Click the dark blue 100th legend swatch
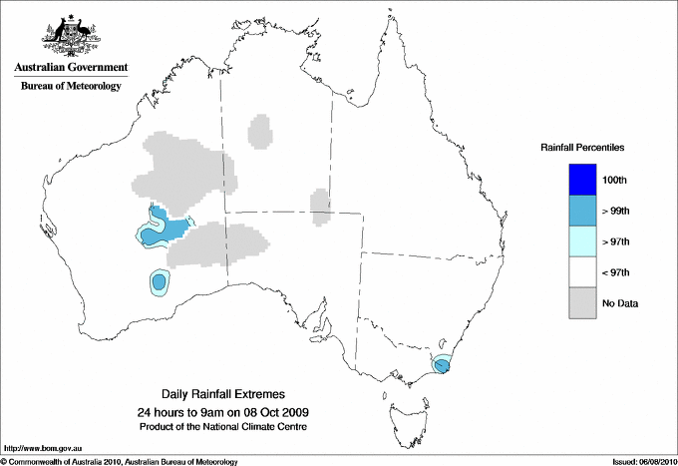582,180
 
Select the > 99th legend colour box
582,211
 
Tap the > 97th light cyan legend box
582,241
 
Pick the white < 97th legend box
582,272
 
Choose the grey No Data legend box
582,302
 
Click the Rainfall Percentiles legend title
582,147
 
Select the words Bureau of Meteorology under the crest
71,87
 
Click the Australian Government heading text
71,68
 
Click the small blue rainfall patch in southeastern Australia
442,366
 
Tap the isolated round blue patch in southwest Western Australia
158,282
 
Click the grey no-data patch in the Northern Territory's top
259,130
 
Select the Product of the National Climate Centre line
231,427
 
